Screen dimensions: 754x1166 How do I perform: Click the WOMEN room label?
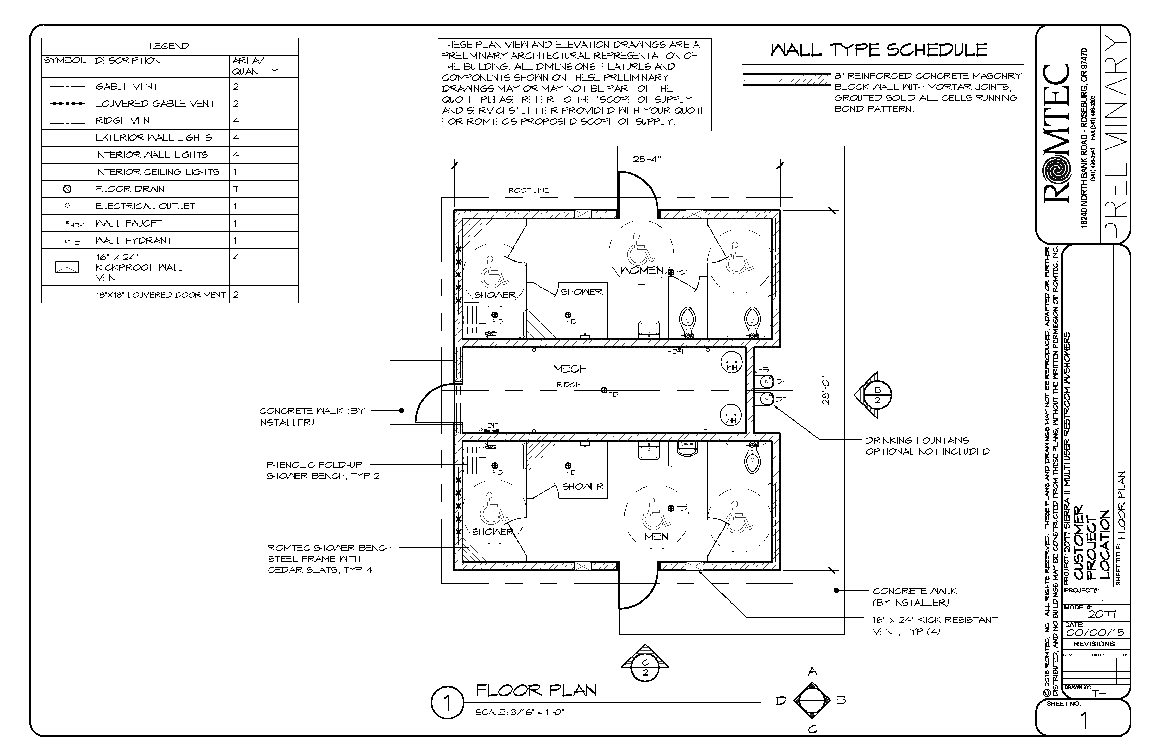click(x=641, y=270)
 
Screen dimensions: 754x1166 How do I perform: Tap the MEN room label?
click(x=656, y=537)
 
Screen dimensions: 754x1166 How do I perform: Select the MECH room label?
click(x=570, y=369)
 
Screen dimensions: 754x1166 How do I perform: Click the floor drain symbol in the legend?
click(x=68, y=189)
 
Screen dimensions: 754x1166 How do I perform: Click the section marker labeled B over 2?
click(x=877, y=394)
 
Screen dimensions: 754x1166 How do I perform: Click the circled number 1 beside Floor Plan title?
click(x=447, y=703)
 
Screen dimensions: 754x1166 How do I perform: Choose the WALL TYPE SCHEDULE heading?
click(x=878, y=50)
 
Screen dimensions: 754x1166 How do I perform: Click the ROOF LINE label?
click(x=528, y=190)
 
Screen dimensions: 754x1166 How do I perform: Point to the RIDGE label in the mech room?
click(x=568, y=385)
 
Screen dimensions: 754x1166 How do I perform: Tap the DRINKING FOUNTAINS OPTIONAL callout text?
click(x=927, y=446)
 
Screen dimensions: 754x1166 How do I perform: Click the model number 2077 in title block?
click(x=1102, y=614)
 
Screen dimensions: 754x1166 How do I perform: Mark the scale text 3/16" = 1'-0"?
click(x=520, y=713)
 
